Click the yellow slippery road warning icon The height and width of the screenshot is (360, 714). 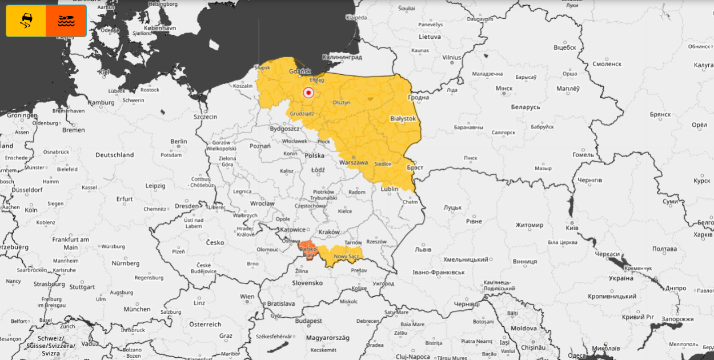pos(26,21)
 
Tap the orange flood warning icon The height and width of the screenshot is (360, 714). pos(66,21)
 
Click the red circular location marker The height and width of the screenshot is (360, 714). pos(308,93)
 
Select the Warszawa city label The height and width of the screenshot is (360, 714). pos(354,162)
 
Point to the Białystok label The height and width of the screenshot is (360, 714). pos(403,118)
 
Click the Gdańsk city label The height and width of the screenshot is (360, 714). pos(300,71)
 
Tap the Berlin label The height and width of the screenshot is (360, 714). pos(178,141)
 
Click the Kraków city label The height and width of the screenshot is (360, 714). pos(329,232)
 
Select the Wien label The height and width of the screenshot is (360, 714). pos(247,297)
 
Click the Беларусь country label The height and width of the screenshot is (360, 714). pos(525,107)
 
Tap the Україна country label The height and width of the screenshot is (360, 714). pos(620,278)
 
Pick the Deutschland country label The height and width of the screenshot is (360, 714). pos(114,155)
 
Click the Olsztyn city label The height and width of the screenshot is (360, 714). pos(341,102)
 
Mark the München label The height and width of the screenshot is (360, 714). pos(137,309)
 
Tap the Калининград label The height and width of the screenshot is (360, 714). pos(342,57)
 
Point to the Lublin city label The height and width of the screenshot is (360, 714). pos(390,189)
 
